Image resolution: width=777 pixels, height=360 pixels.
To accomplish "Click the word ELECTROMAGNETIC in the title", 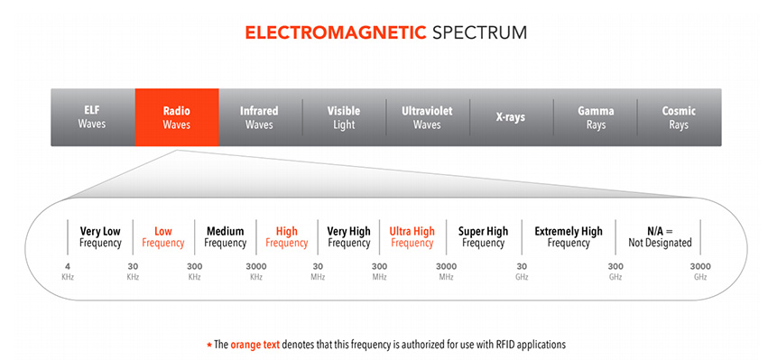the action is [x=336, y=32].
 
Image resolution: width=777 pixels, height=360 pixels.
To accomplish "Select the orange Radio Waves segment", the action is [x=177, y=117].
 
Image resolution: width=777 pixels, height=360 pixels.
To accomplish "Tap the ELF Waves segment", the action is [x=93, y=117].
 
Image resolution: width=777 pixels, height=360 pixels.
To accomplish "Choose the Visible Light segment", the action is [x=344, y=117].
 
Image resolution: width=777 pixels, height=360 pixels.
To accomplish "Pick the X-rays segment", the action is [x=511, y=117].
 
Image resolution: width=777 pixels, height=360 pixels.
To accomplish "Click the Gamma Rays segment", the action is [x=595, y=117].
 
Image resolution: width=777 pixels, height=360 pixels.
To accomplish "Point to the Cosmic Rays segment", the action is [x=679, y=117].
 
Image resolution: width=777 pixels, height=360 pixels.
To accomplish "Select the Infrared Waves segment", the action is [x=260, y=117].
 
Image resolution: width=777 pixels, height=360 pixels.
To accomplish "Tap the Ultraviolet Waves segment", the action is [x=427, y=117].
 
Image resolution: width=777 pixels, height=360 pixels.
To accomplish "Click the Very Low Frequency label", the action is [x=100, y=237].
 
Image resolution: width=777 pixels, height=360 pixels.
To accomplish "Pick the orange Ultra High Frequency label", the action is [x=412, y=237].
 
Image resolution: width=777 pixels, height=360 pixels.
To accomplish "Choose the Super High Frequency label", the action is [x=483, y=237].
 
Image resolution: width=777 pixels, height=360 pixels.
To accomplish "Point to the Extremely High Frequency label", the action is [x=569, y=237].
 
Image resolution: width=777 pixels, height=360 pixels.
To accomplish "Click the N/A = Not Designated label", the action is [x=660, y=237].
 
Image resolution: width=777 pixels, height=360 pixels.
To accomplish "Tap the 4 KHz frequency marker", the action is [x=68, y=272].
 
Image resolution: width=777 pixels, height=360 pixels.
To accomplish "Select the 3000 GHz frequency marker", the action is [x=700, y=272].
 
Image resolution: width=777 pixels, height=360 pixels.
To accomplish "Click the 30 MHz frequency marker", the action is [x=318, y=272].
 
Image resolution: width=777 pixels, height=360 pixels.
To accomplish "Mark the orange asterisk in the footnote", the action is [x=209, y=344].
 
